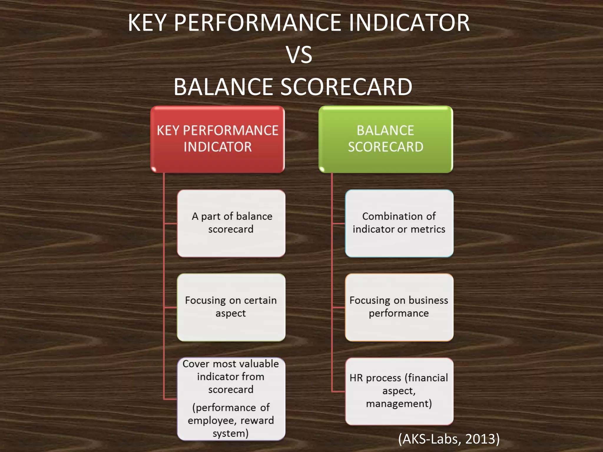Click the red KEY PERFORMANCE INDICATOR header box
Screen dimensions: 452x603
point(217,139)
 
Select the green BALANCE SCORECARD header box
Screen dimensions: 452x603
point(385,139)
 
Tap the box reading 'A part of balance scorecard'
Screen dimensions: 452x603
point(231,223)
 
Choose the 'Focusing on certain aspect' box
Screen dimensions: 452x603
point(231,307)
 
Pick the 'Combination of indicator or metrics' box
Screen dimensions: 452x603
point(399,223)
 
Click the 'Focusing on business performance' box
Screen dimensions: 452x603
point(399,307)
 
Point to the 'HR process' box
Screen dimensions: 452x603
point(399,391)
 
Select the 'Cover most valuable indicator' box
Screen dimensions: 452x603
point(231,399)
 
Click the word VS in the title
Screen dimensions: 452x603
point(299,55)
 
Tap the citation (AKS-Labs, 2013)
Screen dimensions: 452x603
point(449,439)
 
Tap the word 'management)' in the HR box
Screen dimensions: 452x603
point(399,404)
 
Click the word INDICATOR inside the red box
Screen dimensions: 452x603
point(218,147)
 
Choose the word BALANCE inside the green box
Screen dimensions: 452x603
point(385,130)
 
